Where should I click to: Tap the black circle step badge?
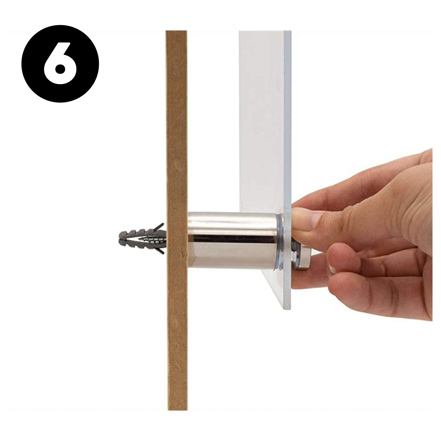(x=60, y=64)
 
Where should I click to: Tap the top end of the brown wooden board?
(x=176, y=31)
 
